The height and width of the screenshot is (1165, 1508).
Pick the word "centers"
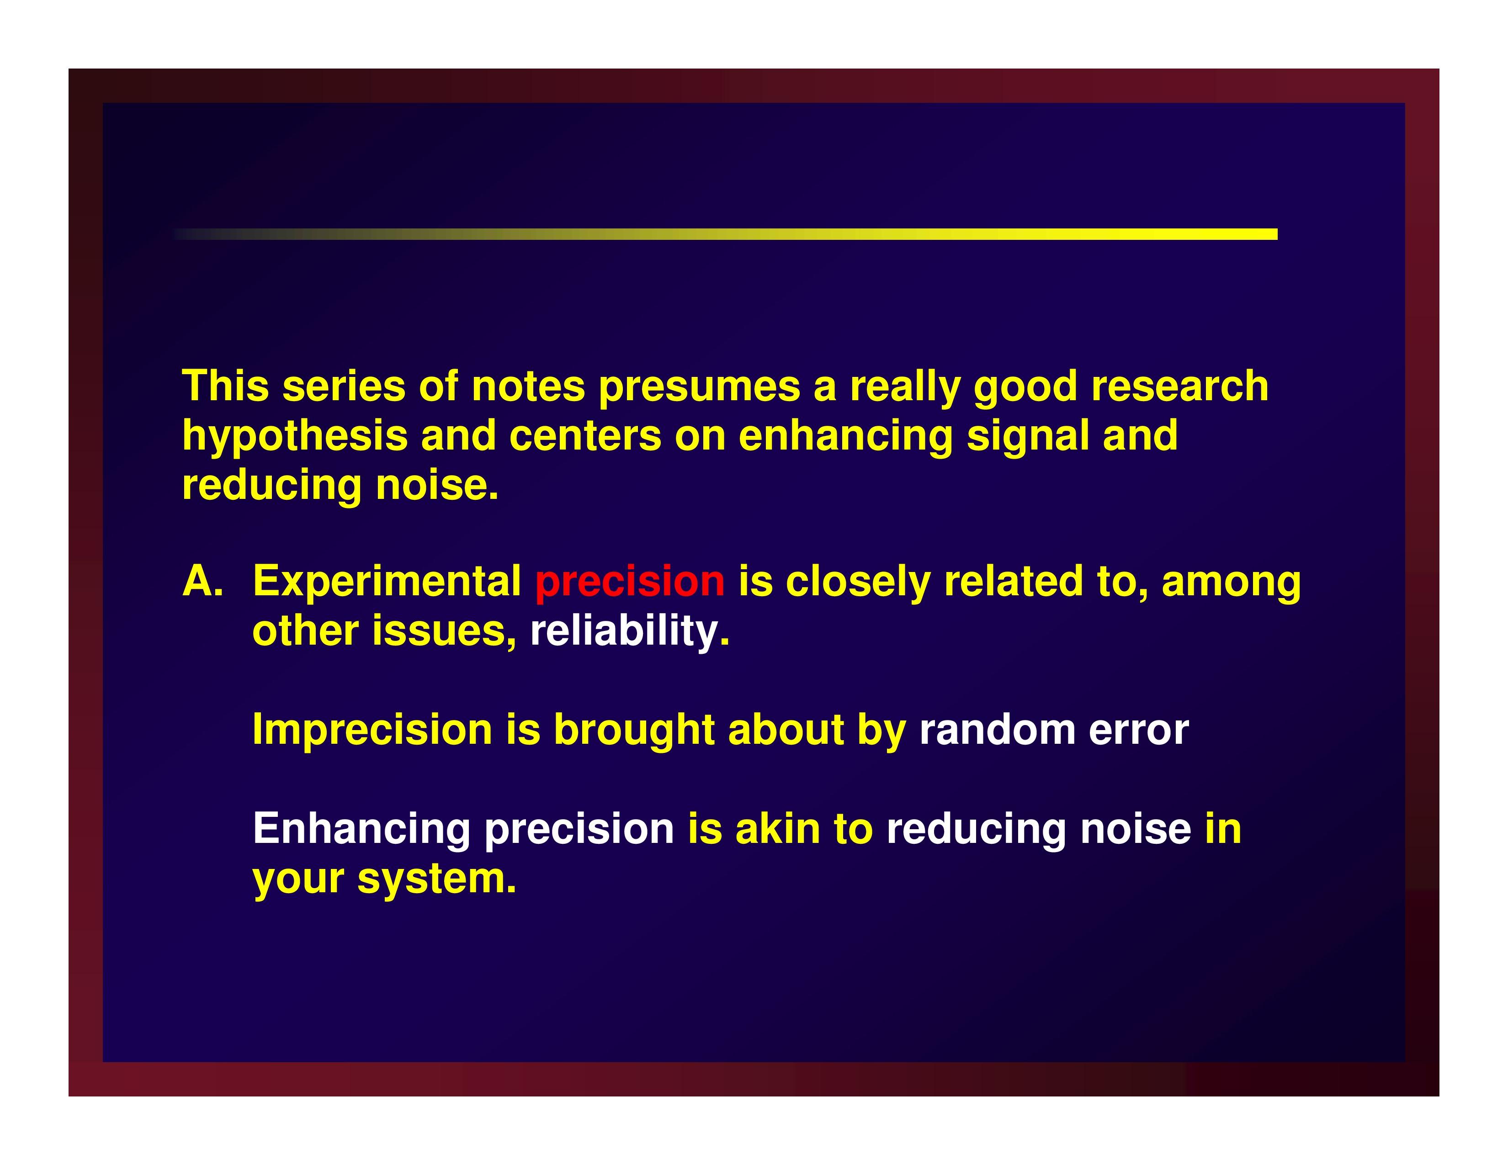(585, 437)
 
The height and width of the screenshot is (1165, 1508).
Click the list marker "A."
(203, 581)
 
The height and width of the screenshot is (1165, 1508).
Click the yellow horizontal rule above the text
(725, 234)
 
